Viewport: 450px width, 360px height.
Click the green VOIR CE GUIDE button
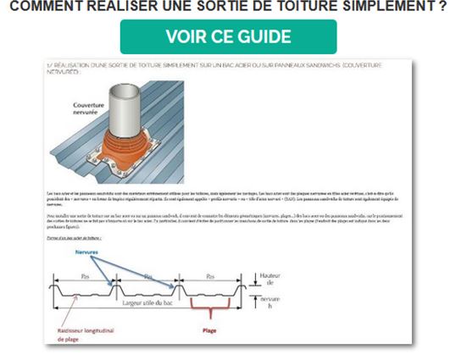228,37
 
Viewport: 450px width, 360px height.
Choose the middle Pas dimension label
149,276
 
